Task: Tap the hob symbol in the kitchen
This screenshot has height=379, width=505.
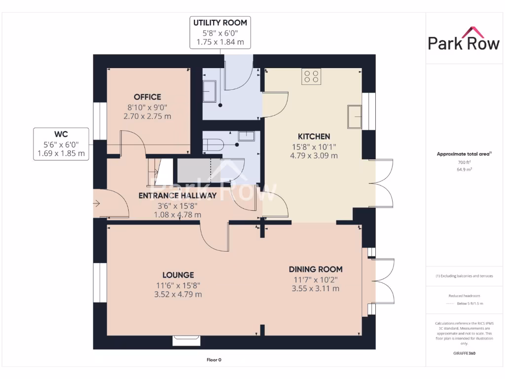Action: [311, 76]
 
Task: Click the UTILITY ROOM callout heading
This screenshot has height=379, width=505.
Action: [220, 23]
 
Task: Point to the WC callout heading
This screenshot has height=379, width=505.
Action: [61, 134]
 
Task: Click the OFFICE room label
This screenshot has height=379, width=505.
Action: [147, 97]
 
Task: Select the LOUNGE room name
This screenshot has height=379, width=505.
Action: [178, 275]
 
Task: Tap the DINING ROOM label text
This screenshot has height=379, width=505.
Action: [316, 269]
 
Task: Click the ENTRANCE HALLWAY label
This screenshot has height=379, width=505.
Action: [178, 195]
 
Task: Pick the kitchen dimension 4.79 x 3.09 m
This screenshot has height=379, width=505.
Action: [314, 155]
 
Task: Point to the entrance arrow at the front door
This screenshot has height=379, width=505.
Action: [97, 203]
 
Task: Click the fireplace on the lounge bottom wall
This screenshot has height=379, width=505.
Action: [186, 340]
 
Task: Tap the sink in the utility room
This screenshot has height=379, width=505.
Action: [209, 91]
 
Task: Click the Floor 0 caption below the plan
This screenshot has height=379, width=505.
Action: [214, 360]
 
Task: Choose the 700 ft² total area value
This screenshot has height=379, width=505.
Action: [464, 162]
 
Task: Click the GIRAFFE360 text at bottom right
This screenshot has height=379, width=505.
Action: [464, 353]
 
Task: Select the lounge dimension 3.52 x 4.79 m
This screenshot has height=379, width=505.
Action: [178, 294]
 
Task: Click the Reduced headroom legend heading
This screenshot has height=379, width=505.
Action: [464, 296]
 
